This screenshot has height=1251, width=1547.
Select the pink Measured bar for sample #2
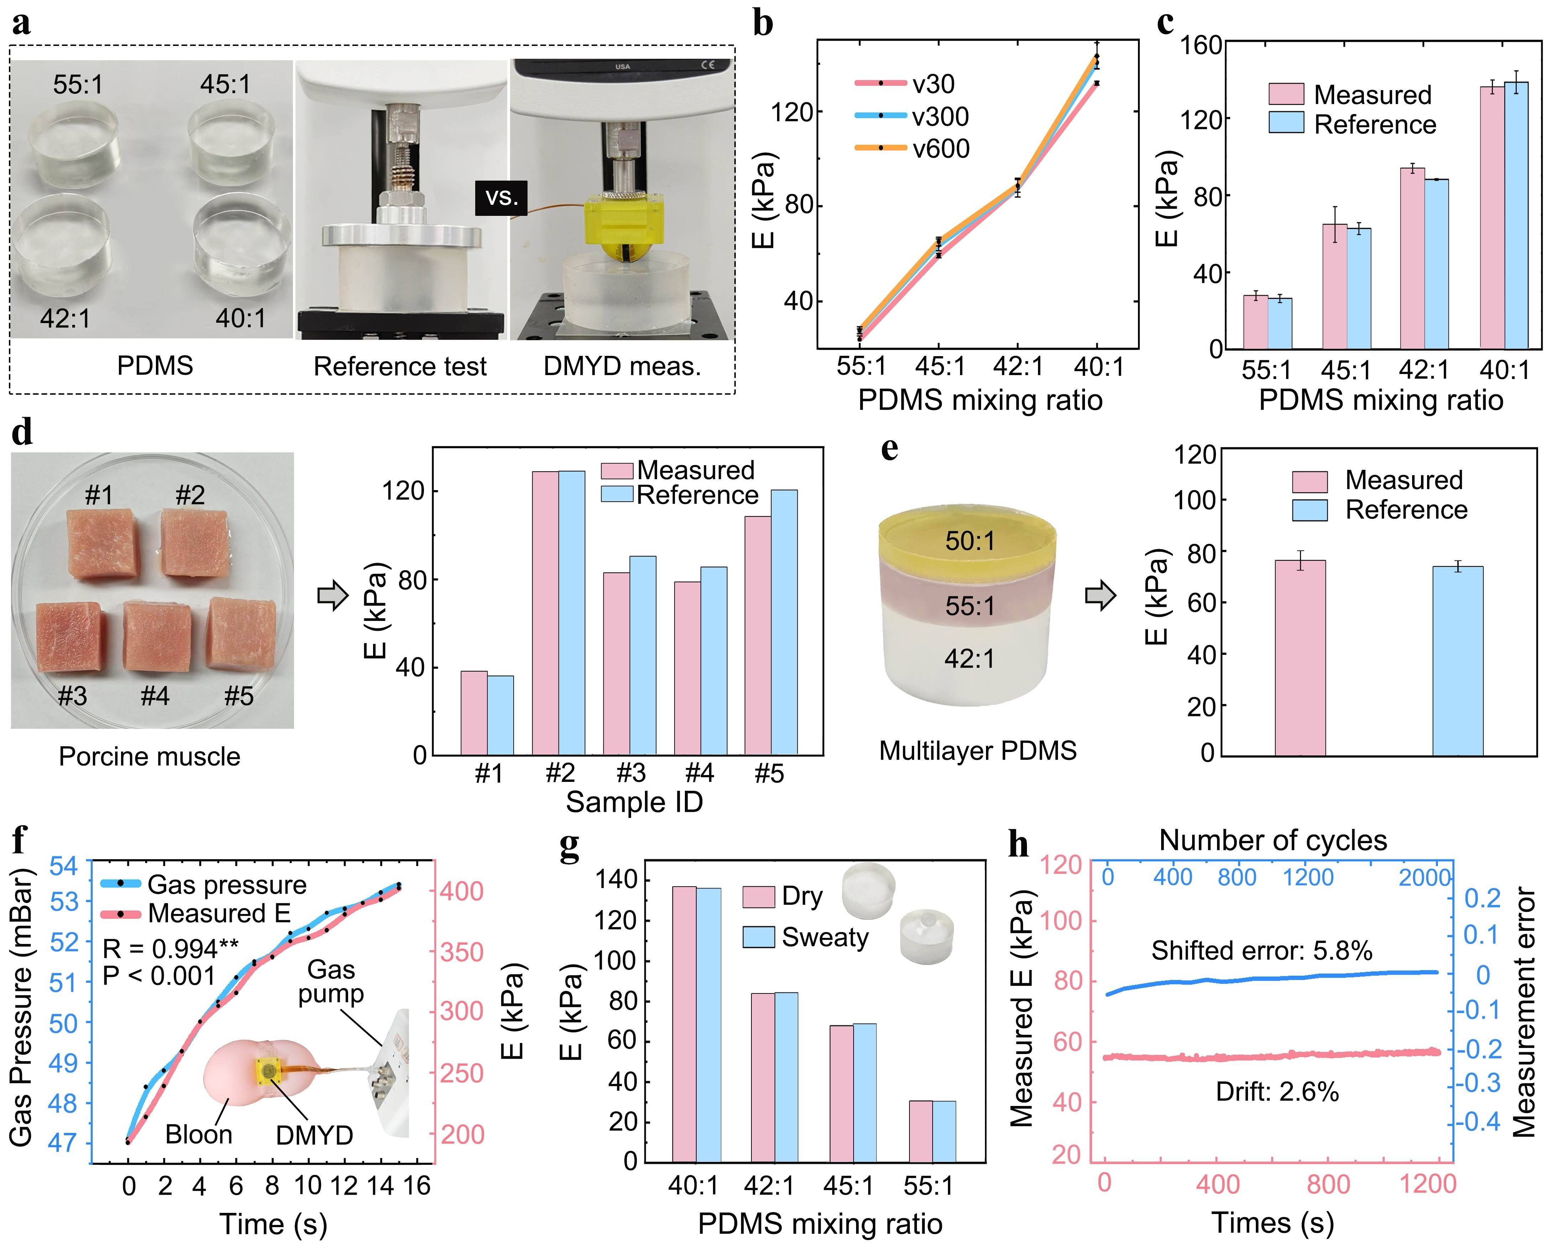(x=545, y=613)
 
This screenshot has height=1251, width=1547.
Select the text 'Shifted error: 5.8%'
(x=1261, y=951)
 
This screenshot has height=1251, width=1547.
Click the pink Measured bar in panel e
(x=1300, y=657)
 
